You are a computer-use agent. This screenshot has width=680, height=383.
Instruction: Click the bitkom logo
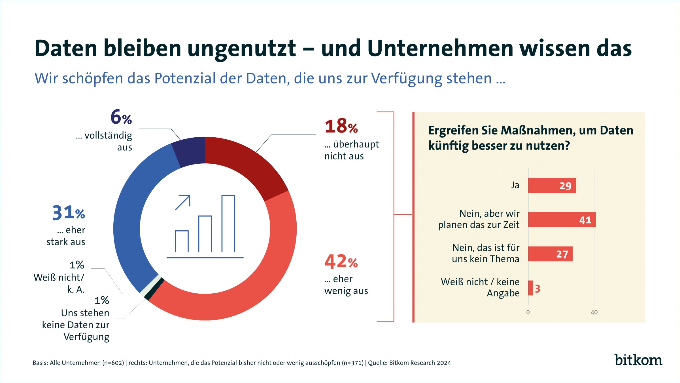click(638, 360)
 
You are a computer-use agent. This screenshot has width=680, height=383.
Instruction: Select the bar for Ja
click(552, 186)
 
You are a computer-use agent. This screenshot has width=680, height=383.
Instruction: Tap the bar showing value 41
click(562, 220)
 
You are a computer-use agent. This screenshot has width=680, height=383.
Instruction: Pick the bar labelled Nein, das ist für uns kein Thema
click(550, 254)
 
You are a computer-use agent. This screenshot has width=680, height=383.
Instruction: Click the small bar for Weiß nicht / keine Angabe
click(530, 288)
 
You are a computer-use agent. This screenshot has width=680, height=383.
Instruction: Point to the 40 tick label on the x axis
click(594, 312)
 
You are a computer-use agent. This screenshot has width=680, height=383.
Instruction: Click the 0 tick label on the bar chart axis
click(528, 312)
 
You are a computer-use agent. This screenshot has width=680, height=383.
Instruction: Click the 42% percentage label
click(341, 262)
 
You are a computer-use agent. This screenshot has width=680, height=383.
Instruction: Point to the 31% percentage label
click(69, 213)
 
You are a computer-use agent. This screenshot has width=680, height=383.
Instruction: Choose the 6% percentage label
click(121, 117)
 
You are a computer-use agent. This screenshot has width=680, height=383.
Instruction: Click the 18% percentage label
click(341, 126)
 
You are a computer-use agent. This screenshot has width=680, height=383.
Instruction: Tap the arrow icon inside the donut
click(183, 203)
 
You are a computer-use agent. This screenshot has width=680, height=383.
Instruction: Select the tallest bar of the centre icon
click(228, 224)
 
